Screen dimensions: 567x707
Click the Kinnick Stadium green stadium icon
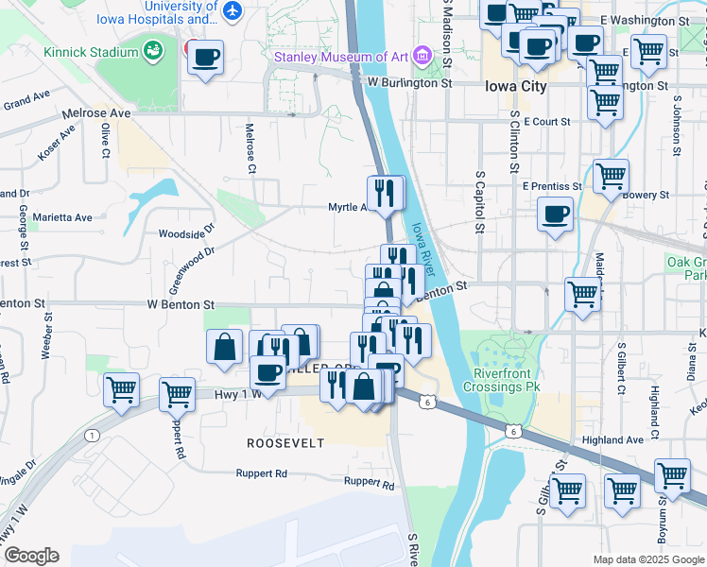pos(152,48)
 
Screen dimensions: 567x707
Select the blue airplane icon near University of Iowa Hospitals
pos(233,11)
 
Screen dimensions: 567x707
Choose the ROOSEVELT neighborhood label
pos(285,443)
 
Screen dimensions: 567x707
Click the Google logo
pos(30,556)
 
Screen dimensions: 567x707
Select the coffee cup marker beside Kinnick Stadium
pos(204,59)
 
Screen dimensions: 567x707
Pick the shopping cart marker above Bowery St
pos(612,176)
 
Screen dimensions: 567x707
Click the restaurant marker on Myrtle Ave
pos(385,193)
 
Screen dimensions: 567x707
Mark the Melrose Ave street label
pos(95,113)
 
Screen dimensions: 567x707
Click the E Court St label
pos(546,122)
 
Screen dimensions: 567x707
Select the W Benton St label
pos(180,305)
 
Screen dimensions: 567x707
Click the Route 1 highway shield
pos(92,435)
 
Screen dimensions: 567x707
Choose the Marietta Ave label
pos(63,217)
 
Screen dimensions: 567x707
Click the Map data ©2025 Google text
pos(647,559)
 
